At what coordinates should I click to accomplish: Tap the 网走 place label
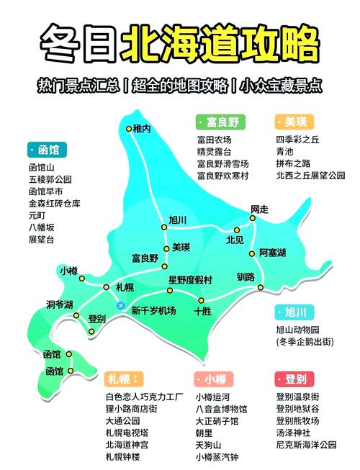point(259,209)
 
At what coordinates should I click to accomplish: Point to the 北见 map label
point(234,239)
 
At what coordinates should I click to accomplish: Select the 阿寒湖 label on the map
point(272,253)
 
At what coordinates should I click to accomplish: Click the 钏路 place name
point(246,276)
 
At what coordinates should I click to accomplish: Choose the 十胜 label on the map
point(202,311)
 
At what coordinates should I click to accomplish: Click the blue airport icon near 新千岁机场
point(121,306)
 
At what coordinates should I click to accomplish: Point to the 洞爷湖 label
point(60,304)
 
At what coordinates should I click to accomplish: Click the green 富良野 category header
point(219,121)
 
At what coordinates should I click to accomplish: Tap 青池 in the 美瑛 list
point(284,152)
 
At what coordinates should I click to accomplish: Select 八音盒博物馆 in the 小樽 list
point(221,408)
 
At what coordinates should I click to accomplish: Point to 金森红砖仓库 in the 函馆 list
point(54,204)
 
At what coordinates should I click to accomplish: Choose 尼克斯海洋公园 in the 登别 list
point(305,445)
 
